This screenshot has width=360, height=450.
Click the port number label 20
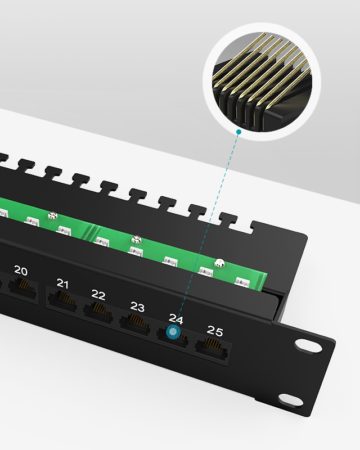pyautogui.click(x=21, y=271)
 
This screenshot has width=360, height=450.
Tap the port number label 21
pyautogui.click(x=62, y=283)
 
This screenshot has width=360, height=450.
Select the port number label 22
pyautogui.click(x=98, y=295)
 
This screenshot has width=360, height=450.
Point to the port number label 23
pyautogui.click(x=137, y=307)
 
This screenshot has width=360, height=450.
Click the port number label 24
pyautogui.click(x=175, y=318)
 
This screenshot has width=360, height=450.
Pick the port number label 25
pyautogui.click(x=215, y=331)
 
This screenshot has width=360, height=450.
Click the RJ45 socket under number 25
pyautogui.click(x=211, y=349)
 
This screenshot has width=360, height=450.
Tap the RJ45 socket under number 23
pyautogui.click(x=135, y=325)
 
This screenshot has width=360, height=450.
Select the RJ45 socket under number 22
pyautogui.click(x=98, y=312)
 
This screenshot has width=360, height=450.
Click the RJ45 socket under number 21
pyautogui.click(x=62, y=300)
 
